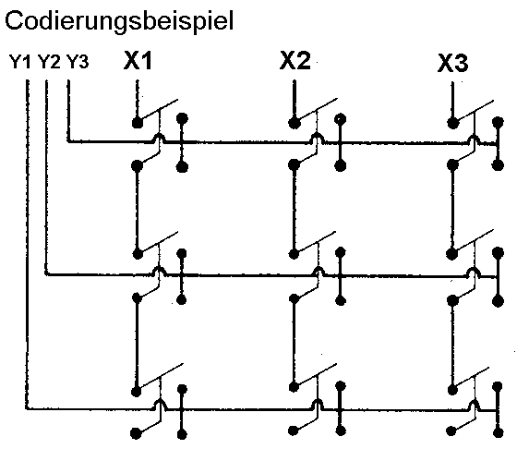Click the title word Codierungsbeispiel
click(119, 22)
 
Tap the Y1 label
click(20, 62)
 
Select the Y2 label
click(49, 62)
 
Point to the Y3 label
click(78, 62)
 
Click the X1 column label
click(138, 61)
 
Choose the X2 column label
click(295, 61)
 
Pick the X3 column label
click(453, 63)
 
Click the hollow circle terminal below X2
click(340, 119)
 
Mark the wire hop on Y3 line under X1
click(159, 138)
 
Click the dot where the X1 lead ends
click(137, 123)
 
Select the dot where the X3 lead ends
click(452, 123)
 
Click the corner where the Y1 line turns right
click(28, 409)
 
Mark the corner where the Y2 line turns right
click(46, 274)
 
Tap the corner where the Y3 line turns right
click(68, 141)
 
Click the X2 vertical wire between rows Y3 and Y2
click(295, 209)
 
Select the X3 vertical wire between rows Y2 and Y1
click(452, 345)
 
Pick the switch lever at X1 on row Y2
click(158, 243)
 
